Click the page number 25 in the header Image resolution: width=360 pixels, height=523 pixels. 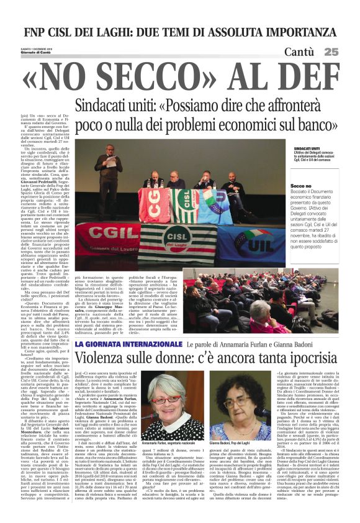pyautogui.click(x=349, y=52)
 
